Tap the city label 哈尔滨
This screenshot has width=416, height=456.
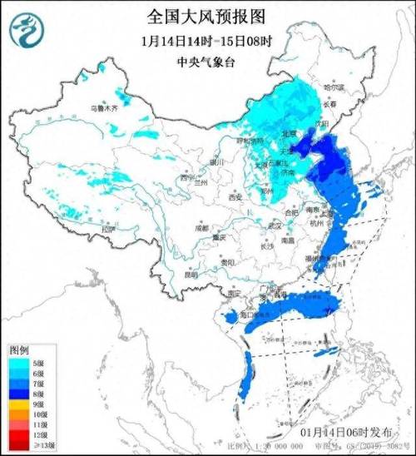point(333,87)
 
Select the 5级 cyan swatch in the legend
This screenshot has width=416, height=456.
point(18,363)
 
